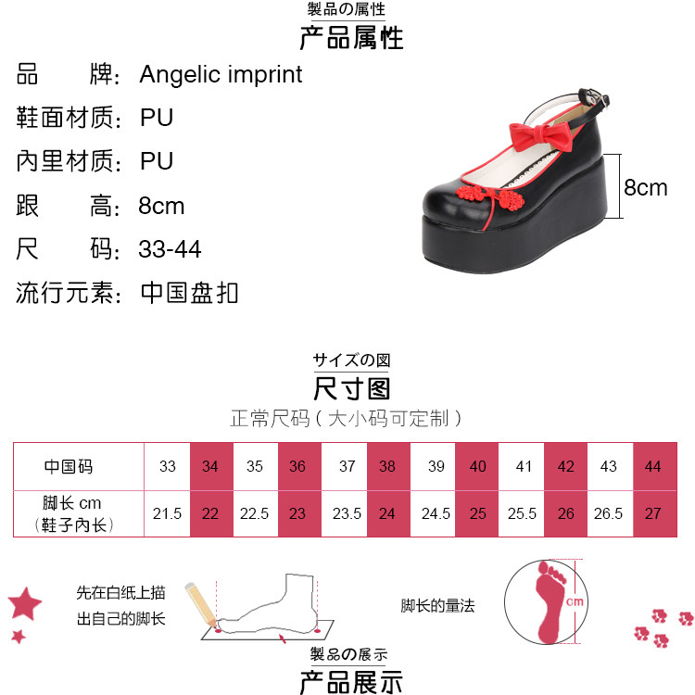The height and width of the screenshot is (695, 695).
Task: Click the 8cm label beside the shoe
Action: (x=645, y=187)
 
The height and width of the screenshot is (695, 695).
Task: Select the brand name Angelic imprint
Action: (x=221, y=74)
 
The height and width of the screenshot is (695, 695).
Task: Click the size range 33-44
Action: (x=170, y=249)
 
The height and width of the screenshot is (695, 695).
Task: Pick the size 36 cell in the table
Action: (x=297, y=466)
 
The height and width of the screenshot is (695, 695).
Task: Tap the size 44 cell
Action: (x=653, y=466)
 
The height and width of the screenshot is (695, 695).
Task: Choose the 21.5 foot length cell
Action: (x=167, y=513)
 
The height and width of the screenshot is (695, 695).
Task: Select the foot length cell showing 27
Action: (x=653, y=513)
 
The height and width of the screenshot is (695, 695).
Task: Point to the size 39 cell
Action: (x=433, y=466)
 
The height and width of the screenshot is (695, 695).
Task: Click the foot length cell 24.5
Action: (x=433, y=513)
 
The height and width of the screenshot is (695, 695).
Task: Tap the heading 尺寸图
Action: (x=351, y=387)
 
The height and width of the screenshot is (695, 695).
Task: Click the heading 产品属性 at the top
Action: (x=351, y=39)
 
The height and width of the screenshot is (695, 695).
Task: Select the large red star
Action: (x=25, y=603)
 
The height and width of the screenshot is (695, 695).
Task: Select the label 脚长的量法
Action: (x=437, y=606)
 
